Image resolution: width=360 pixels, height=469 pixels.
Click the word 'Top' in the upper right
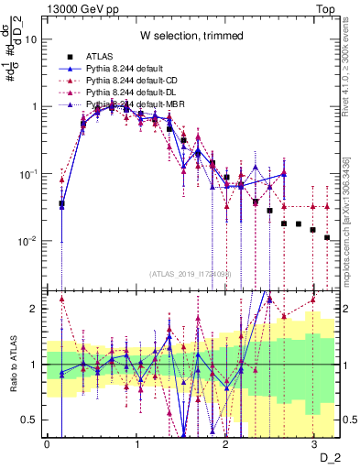(324, 8)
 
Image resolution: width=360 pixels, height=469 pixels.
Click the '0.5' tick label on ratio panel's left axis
(32, 420)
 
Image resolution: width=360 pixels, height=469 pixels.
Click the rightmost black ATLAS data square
(327, 237)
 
